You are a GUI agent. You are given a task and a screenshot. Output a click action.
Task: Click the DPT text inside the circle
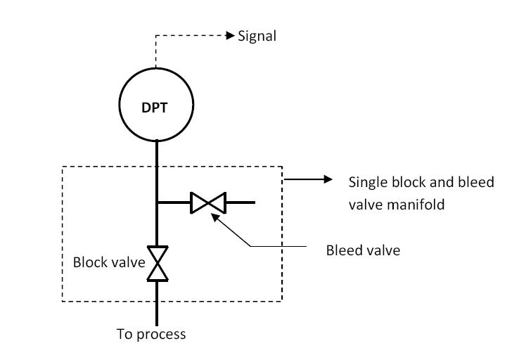[156, 107]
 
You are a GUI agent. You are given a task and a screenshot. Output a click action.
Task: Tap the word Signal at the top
[257, 36]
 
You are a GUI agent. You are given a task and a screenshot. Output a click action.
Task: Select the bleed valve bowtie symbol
[207, 202]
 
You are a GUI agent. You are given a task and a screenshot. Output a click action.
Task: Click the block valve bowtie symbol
[157, 264]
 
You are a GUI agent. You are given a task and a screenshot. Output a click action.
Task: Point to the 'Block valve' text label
[109, 263]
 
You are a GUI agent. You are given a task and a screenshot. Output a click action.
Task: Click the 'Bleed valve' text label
[363, 250]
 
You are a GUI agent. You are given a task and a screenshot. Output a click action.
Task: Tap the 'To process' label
[151, 334]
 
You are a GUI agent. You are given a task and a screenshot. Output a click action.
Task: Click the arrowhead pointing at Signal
[230, 35]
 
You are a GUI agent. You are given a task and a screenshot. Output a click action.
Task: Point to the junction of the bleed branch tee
[157, 202]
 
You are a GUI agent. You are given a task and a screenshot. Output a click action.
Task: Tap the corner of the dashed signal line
[156, 35]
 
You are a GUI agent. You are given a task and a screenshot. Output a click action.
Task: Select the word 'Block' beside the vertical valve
[89, 263]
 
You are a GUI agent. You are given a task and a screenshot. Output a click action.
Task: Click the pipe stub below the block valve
[157, 302]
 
